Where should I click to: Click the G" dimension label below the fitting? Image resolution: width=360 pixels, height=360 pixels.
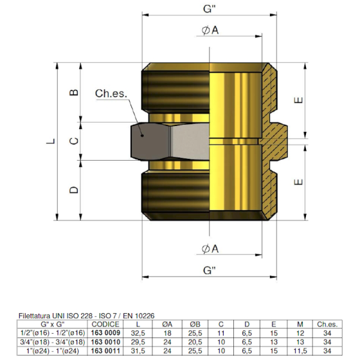pyautogui.click(x=208, y=271)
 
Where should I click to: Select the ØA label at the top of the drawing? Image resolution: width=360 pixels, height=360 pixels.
pyautogui.click(x=210, y=31)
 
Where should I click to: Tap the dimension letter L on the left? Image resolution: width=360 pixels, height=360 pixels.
pyautogui.click(x=52, y=142)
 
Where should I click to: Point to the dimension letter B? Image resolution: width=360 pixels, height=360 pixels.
pyautogui.click(x=75, y=92)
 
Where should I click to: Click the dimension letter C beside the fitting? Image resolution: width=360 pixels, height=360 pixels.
pyautogui.click(x=75, y=140)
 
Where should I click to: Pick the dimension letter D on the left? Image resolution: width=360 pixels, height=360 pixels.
pyautogui.click(x=75, y=190)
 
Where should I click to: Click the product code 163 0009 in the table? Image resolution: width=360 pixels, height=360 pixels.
pyautogui.click(x=106, y=334)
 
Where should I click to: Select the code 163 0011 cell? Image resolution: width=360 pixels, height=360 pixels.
pyautogui.click(x=106, y=350)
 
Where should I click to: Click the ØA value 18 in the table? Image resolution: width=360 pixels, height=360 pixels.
pyautogui.click(x=168, y=334)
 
